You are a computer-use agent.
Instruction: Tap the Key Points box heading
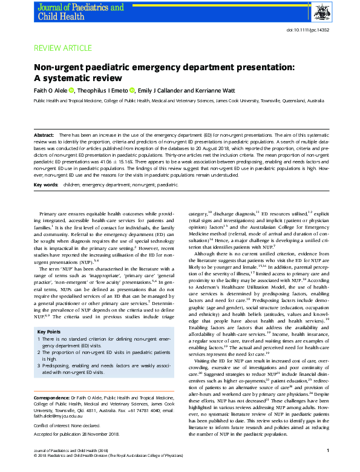pyautogui.click(x=50, y=332)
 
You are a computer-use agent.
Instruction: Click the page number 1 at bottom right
pyautogui.click(x=327, y=467)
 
